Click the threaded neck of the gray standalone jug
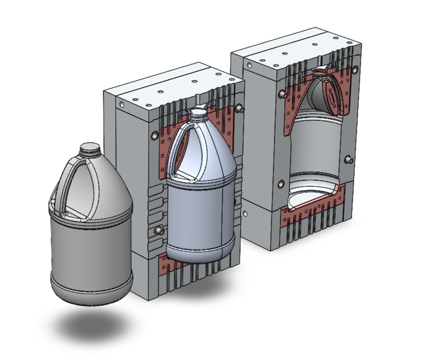[x=90, y=149]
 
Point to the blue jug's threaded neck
[x=199, y=115]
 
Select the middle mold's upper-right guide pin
[x=240, y=107]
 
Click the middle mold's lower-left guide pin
[x=159, y=231]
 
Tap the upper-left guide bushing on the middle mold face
[x=153, y=136]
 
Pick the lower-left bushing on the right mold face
[x=281, y=183]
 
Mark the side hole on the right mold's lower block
[x=247, y=213]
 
